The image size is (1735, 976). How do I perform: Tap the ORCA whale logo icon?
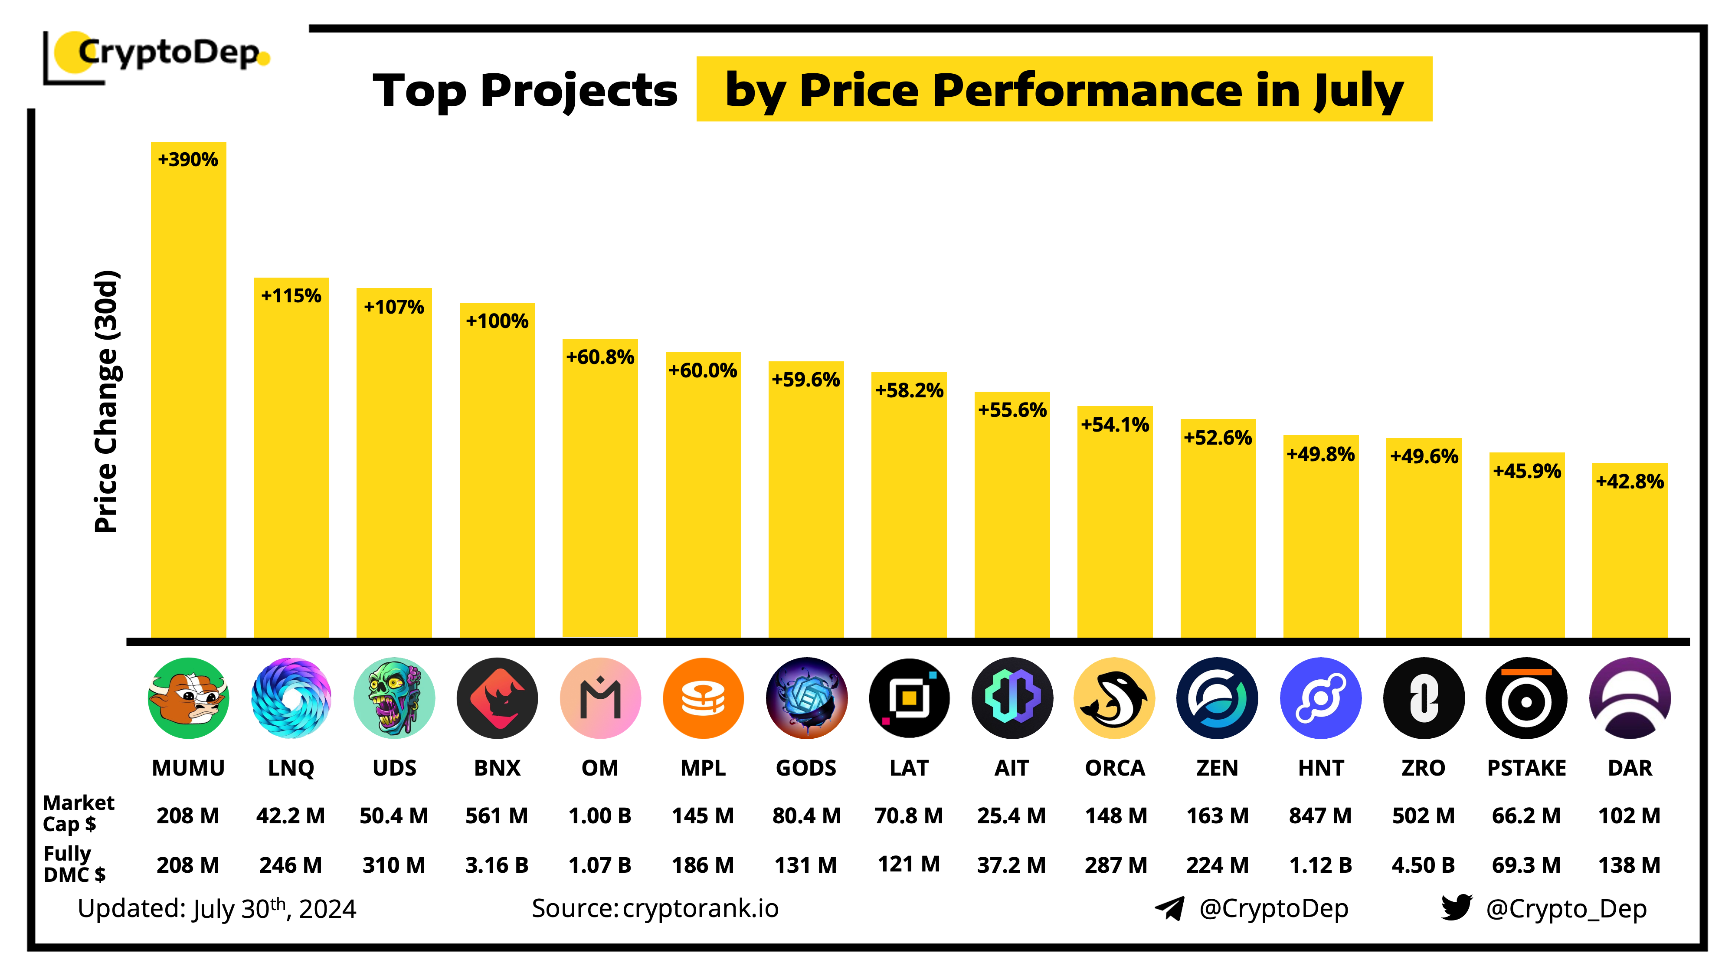pos(1114,698)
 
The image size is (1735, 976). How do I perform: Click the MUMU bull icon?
pos(188,698)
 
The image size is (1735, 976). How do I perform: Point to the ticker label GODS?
pos(805,768)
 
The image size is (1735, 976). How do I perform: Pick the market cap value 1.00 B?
pos(599,816)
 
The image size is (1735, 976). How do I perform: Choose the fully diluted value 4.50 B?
pos(1423,865)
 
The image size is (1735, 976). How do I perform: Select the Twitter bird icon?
pos(1456,907)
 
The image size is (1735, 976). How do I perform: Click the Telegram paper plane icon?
pos(1170,908)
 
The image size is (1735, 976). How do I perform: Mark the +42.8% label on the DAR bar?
pos(1629,481)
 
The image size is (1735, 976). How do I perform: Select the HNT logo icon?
pos(1320,698)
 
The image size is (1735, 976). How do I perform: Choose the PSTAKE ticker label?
pos(1526,768)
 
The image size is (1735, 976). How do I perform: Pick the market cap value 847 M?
pos(1320,816)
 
